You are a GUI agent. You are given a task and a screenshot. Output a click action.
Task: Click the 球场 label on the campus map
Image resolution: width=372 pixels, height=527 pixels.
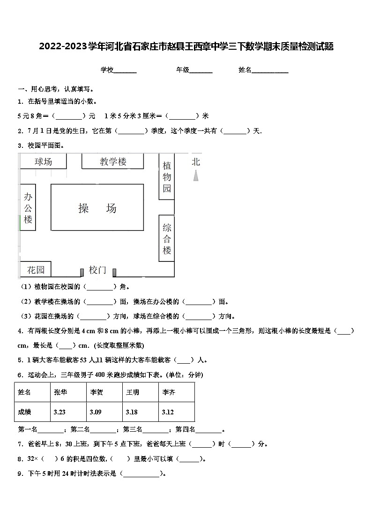(x=43, y=162)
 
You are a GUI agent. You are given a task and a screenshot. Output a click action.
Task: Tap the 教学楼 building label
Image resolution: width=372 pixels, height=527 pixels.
(x=113, y=162)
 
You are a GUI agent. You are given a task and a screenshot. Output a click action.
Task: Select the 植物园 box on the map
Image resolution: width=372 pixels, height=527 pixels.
(x=167, y=177)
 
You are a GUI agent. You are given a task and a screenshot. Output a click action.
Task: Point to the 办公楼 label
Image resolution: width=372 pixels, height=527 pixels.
(x=28, y=208)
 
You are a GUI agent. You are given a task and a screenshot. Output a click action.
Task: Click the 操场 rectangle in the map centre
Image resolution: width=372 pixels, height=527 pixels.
(x=97, y=208)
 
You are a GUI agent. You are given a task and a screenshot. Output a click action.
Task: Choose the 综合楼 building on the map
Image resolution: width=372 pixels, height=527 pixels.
(x=167, y=239)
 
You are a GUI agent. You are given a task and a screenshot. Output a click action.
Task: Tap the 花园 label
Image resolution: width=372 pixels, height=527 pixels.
(x=36, y=270)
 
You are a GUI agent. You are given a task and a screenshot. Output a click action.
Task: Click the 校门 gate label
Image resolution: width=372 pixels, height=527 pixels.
(x=97, y=270)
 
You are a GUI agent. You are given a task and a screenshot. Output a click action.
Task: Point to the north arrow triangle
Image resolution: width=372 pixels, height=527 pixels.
(x=196, y=176)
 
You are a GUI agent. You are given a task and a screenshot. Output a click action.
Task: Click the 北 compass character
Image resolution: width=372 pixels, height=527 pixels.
(x=196, y=162)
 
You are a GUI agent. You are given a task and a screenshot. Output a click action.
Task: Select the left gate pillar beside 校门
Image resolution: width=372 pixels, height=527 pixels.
(x=82, y=271)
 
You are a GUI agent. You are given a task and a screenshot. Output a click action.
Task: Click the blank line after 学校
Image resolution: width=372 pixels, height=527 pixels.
(x=125, y=71)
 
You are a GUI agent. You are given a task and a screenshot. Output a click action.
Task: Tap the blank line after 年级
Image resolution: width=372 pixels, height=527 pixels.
(x=201, y=71)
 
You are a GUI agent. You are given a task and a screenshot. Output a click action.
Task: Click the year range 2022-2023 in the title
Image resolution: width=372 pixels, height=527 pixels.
(x=64, y=46)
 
